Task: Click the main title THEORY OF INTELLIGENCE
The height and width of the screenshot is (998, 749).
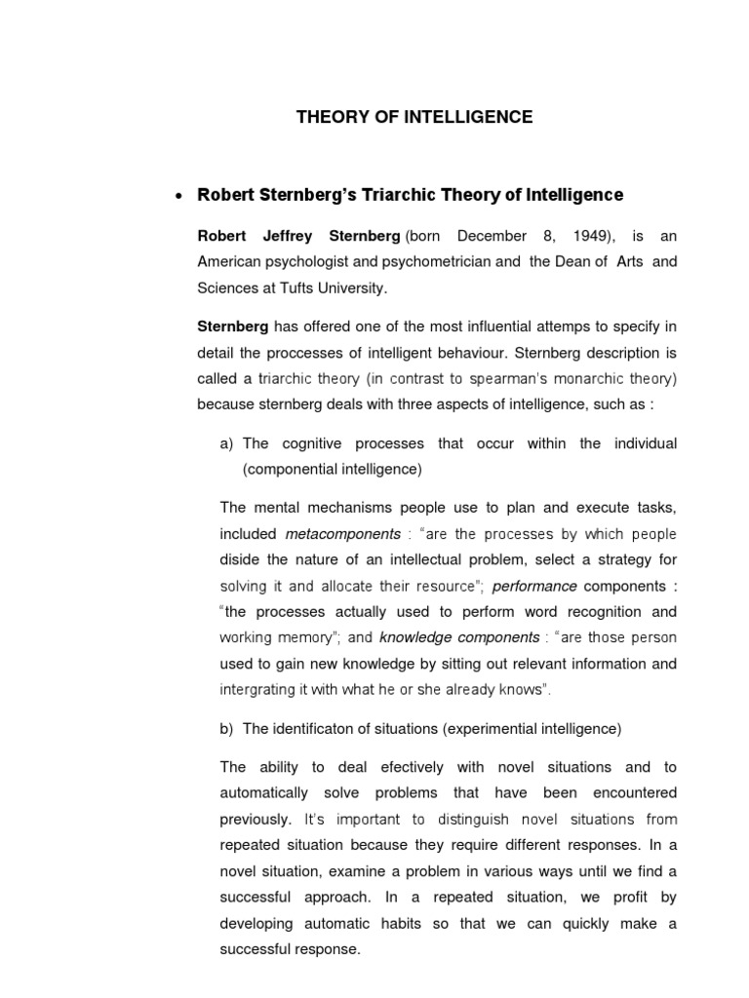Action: (x=414, y=117)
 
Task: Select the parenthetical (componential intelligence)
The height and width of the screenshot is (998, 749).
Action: (x=332, y=469)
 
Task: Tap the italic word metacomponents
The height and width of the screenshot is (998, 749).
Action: (x=342, y=534)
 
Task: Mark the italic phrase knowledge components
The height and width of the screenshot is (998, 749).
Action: (x=458, y=636)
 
